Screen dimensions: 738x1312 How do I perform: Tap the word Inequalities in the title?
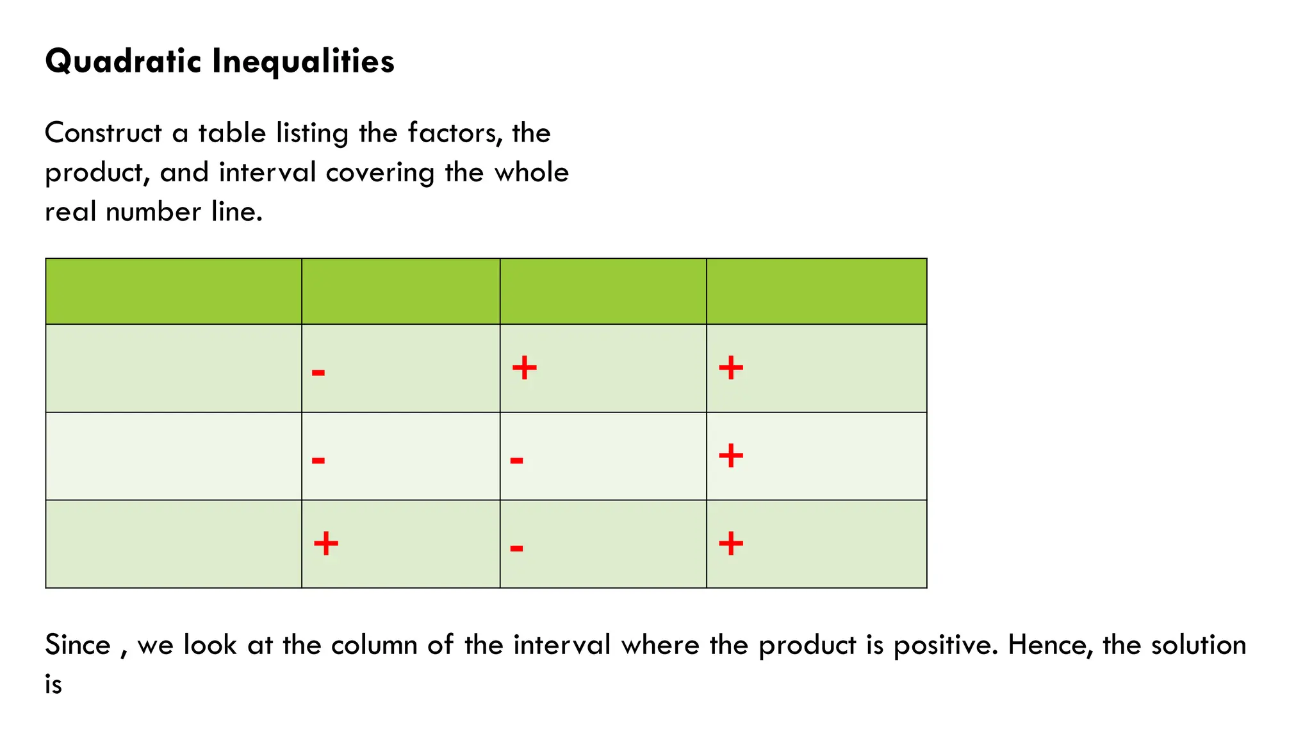(x=303, y=62)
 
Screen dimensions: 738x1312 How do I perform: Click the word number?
(x=153, y=212)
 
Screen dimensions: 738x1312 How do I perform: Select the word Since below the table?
(x=78, y=645)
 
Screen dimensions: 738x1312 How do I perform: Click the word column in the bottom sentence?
(x=374, y=645)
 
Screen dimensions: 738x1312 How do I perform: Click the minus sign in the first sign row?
(x=318, y=372)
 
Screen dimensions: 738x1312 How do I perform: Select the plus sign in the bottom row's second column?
(x=326, y=544)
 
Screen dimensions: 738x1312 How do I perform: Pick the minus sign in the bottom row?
(x=516, y=548)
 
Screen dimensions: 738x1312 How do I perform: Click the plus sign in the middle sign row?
(x=730, y=456)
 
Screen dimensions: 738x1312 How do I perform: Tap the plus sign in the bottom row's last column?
(x=730, y=544)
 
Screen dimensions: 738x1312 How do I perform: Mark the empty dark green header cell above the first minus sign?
(x=400, y=291)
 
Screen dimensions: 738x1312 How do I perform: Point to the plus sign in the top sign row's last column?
(x=730, y=368)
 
